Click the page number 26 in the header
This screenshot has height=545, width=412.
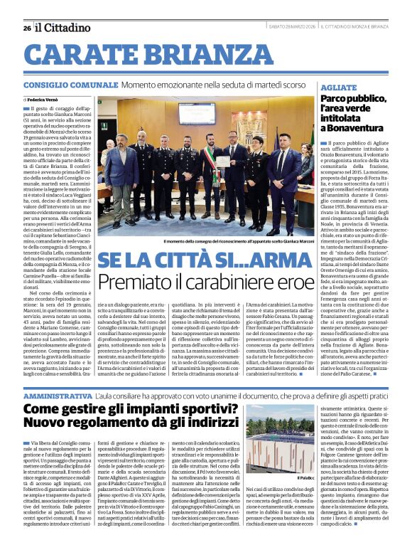(27, 28)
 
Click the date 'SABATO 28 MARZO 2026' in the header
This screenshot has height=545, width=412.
(293, 27)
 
